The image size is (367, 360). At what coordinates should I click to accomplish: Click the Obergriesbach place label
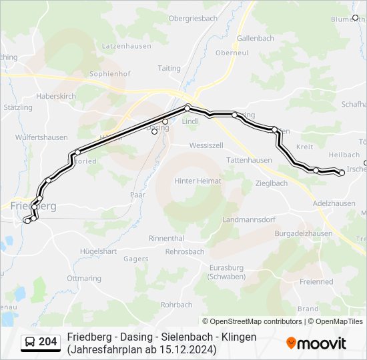[x=192, y=19]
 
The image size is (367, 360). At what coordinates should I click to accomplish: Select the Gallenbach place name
[x=256, y=39]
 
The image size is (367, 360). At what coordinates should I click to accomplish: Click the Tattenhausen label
[x=249, y=161]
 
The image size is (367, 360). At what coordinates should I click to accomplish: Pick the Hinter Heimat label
[x=198, y=181]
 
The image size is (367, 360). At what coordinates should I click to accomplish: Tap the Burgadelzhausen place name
[x=304, y=234]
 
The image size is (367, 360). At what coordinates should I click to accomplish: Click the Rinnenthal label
[x=167, y=238]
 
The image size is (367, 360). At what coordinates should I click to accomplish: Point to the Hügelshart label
[x=99, y=251]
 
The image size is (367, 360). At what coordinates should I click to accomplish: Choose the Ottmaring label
[x=85, y=278]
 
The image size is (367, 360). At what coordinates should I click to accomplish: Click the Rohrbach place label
[x=176, y=305]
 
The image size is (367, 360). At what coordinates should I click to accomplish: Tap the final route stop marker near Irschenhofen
[x=342, y=173]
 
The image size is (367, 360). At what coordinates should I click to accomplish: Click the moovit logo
[x=316, y=343]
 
